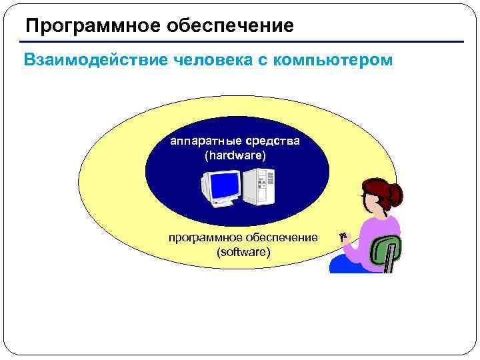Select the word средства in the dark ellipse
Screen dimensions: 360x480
click(x=273, y=141)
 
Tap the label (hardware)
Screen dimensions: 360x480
click(x=235, y=156)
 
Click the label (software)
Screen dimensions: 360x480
click(x=243, y=252)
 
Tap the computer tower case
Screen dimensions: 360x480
click(x=258, y=187)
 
